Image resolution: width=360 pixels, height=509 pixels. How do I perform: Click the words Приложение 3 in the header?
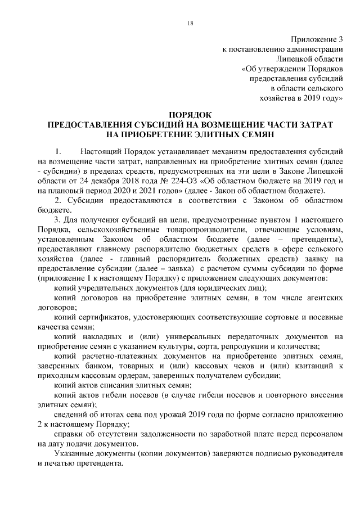click(317, 39)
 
